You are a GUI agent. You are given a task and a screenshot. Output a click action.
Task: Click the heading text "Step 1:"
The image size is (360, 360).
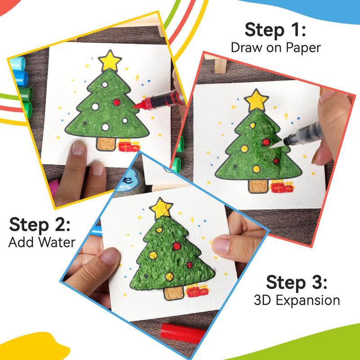tap(275, 30)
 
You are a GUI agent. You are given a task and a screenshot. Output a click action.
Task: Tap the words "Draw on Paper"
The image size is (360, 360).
tap(276, 48)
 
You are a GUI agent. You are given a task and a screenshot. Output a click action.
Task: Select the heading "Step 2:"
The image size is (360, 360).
tap(40, 225)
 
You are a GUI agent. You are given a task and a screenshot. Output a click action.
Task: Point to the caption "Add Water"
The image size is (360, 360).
tap(42, 242)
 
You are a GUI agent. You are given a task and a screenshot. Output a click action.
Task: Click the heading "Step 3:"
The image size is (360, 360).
tap(297, 282)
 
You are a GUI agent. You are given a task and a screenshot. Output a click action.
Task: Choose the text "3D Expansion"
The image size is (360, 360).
tap(297, 300)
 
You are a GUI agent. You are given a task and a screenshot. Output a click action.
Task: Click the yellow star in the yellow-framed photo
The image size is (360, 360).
tap(110, 61)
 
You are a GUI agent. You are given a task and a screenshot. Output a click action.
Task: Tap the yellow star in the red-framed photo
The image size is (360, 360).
tap(256, 100)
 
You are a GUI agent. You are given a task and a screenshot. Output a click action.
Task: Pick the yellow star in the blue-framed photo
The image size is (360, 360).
tap(161, 208)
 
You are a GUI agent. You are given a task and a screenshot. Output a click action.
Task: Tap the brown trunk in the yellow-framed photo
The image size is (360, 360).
tap(106, 144)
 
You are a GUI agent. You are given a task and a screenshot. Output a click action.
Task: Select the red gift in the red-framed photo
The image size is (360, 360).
tap(283, 187)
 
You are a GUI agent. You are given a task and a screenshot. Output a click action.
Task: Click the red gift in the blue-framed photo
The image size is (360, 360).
tap(197, 291)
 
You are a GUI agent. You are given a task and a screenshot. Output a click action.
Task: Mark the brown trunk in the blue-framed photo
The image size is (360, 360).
tap(174, 293)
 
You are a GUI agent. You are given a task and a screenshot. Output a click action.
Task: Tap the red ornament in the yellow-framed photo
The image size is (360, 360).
tap(117, 103)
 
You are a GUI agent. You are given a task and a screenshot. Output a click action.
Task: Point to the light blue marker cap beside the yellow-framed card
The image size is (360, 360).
tap(18, 63)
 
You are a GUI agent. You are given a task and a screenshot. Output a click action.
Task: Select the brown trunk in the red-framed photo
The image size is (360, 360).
tap(258, 186)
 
